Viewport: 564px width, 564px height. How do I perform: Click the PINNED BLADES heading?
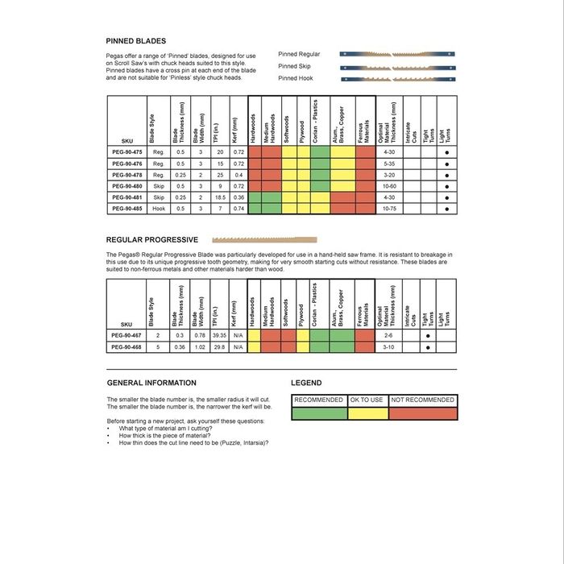(x=136, y=41)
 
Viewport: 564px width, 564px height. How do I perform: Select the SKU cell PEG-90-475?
(x=126, y=151)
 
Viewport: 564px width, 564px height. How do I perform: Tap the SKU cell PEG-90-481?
(x=126, y=197)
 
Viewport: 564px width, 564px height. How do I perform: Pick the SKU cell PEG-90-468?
(x=126, y=347)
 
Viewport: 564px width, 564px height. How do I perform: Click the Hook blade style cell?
(x=159, y=209)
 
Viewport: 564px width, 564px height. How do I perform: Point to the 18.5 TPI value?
(x=220, y=197)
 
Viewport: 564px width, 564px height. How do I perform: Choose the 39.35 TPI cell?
(x=220, y=335)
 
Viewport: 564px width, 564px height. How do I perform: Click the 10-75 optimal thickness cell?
(x=389, y=209)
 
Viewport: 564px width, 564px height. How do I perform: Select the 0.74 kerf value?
(x=238, y=209)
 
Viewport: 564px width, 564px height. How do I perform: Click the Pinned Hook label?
(x=295, y=78)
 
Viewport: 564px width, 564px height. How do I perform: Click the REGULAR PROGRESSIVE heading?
(x=152, y=239)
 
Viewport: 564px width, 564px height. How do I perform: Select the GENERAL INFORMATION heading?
(x=151, y=383)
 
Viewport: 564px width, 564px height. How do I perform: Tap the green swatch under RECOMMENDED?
(x=318, y=413)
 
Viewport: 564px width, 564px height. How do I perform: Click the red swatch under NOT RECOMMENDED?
(x=422, y=413)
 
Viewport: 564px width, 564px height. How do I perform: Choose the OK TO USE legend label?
(x=367, y=400)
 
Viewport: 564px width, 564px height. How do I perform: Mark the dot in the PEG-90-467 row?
(x=428, y=335)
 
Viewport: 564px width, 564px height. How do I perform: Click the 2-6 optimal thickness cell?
(x=389, y=335)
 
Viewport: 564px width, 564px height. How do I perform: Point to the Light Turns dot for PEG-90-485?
(x=446, y=209)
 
